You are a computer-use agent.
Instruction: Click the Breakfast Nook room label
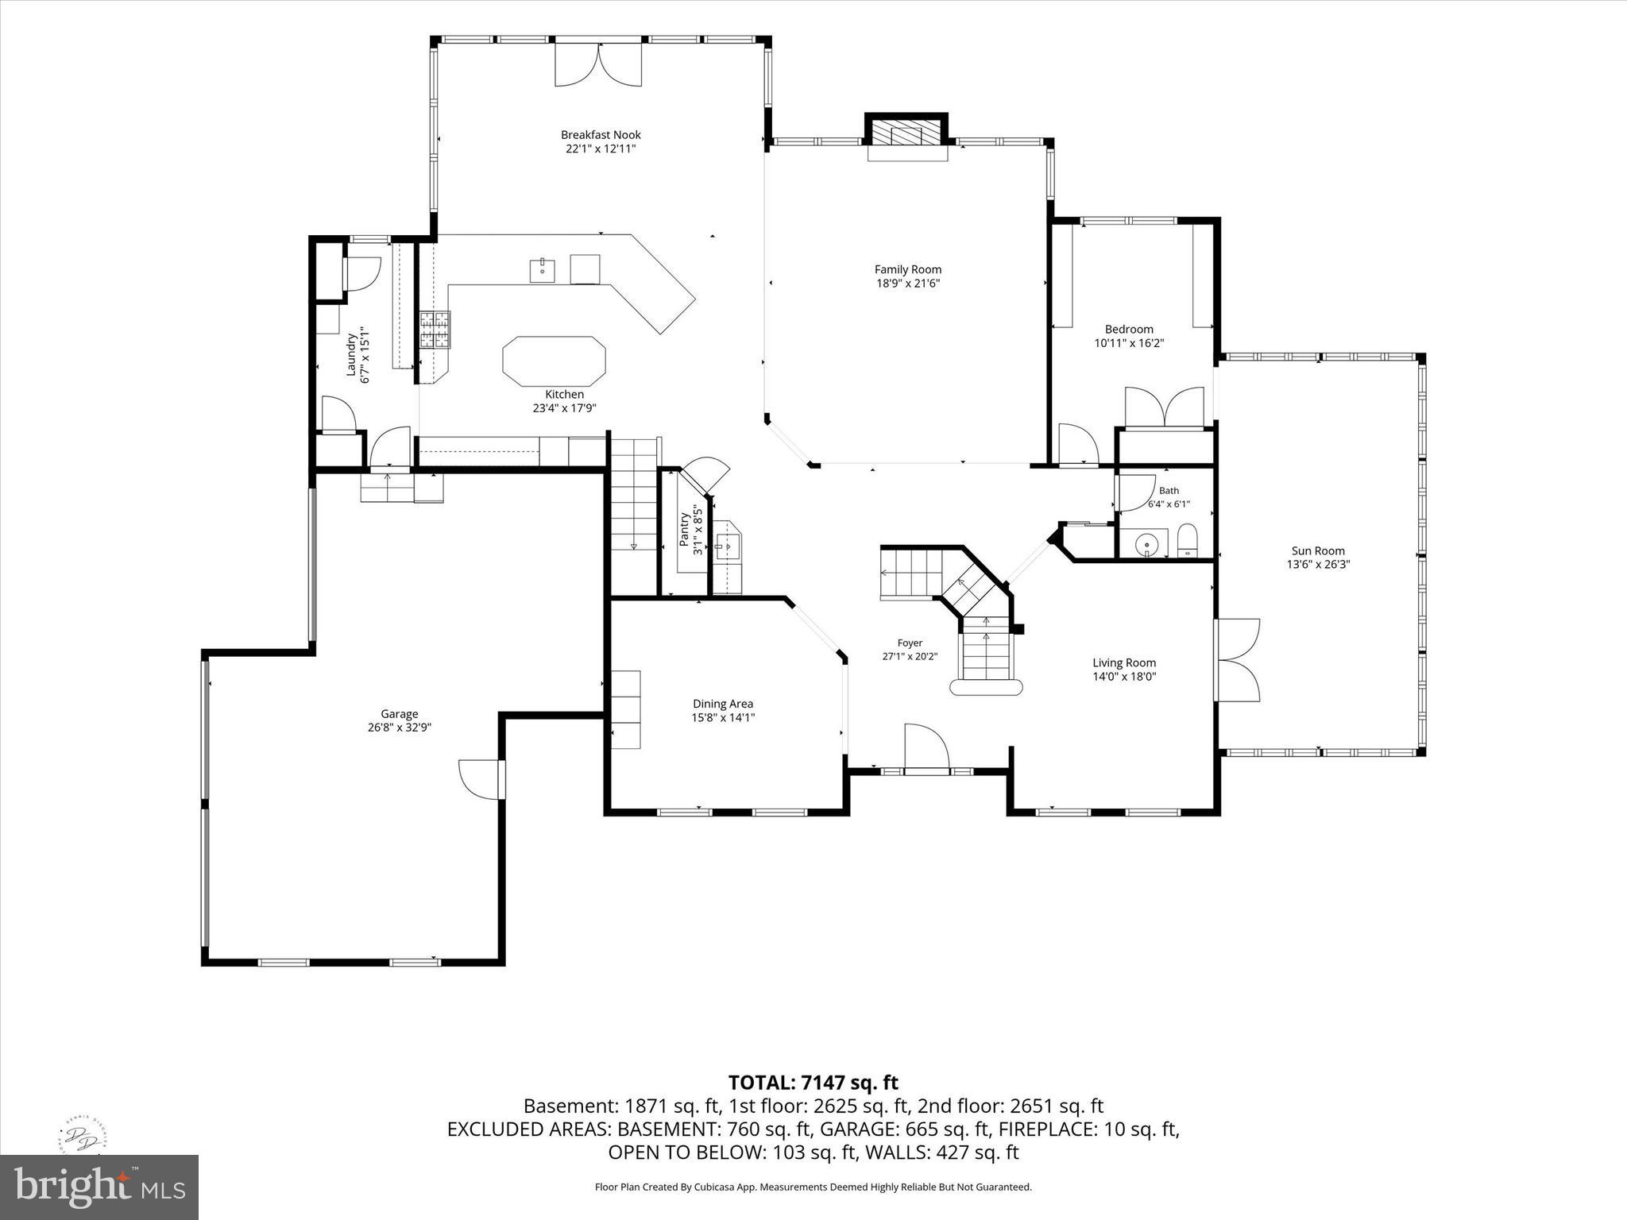[601, 135]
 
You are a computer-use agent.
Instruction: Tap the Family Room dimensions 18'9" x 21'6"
[908, 284]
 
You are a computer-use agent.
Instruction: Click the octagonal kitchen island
[554, 361]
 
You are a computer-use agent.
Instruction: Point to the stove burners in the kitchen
[435, 330]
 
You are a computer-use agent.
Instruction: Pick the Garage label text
[399, 714]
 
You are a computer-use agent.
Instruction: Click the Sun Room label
[1318, 550]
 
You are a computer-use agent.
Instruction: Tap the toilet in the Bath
[1187, 541]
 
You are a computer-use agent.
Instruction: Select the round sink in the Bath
[1146, 545]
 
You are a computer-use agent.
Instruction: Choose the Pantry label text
[684, 529]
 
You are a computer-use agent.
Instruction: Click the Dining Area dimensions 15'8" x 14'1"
[722, 718]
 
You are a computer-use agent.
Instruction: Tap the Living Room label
[1124, 662]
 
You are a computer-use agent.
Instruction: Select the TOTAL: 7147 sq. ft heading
[813, 1083]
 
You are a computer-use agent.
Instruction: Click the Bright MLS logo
[99, 1186]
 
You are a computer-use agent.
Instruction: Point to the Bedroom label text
[1129, 330]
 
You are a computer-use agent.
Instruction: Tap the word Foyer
[910, 643]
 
